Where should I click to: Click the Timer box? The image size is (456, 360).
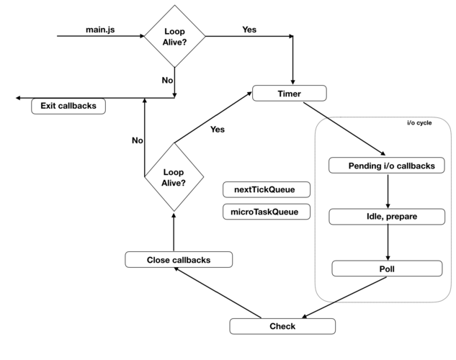(x=289, y=94)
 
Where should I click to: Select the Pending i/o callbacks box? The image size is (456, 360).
(x=387, y=166)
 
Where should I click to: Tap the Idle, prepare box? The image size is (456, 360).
(x=387, y=216)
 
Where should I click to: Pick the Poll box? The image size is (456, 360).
(x=387, y=269)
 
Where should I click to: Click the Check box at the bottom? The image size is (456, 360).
(x=282, y=326)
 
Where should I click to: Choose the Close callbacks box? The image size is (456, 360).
(x=179, y=259)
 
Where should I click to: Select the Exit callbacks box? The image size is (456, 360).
(x=68, y=106)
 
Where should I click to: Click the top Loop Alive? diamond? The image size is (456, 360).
(x=174, y=36)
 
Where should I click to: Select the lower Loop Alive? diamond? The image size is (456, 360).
(x=174, y=177)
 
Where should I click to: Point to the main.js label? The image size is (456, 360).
(x=99, y=30)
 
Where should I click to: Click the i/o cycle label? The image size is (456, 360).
(x=419, y=123)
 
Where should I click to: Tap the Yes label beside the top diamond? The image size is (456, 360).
(x=249, y=30)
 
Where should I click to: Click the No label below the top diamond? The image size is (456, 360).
(x=167, y=80)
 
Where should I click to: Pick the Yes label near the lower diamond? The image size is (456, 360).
(x=217, y=130)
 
